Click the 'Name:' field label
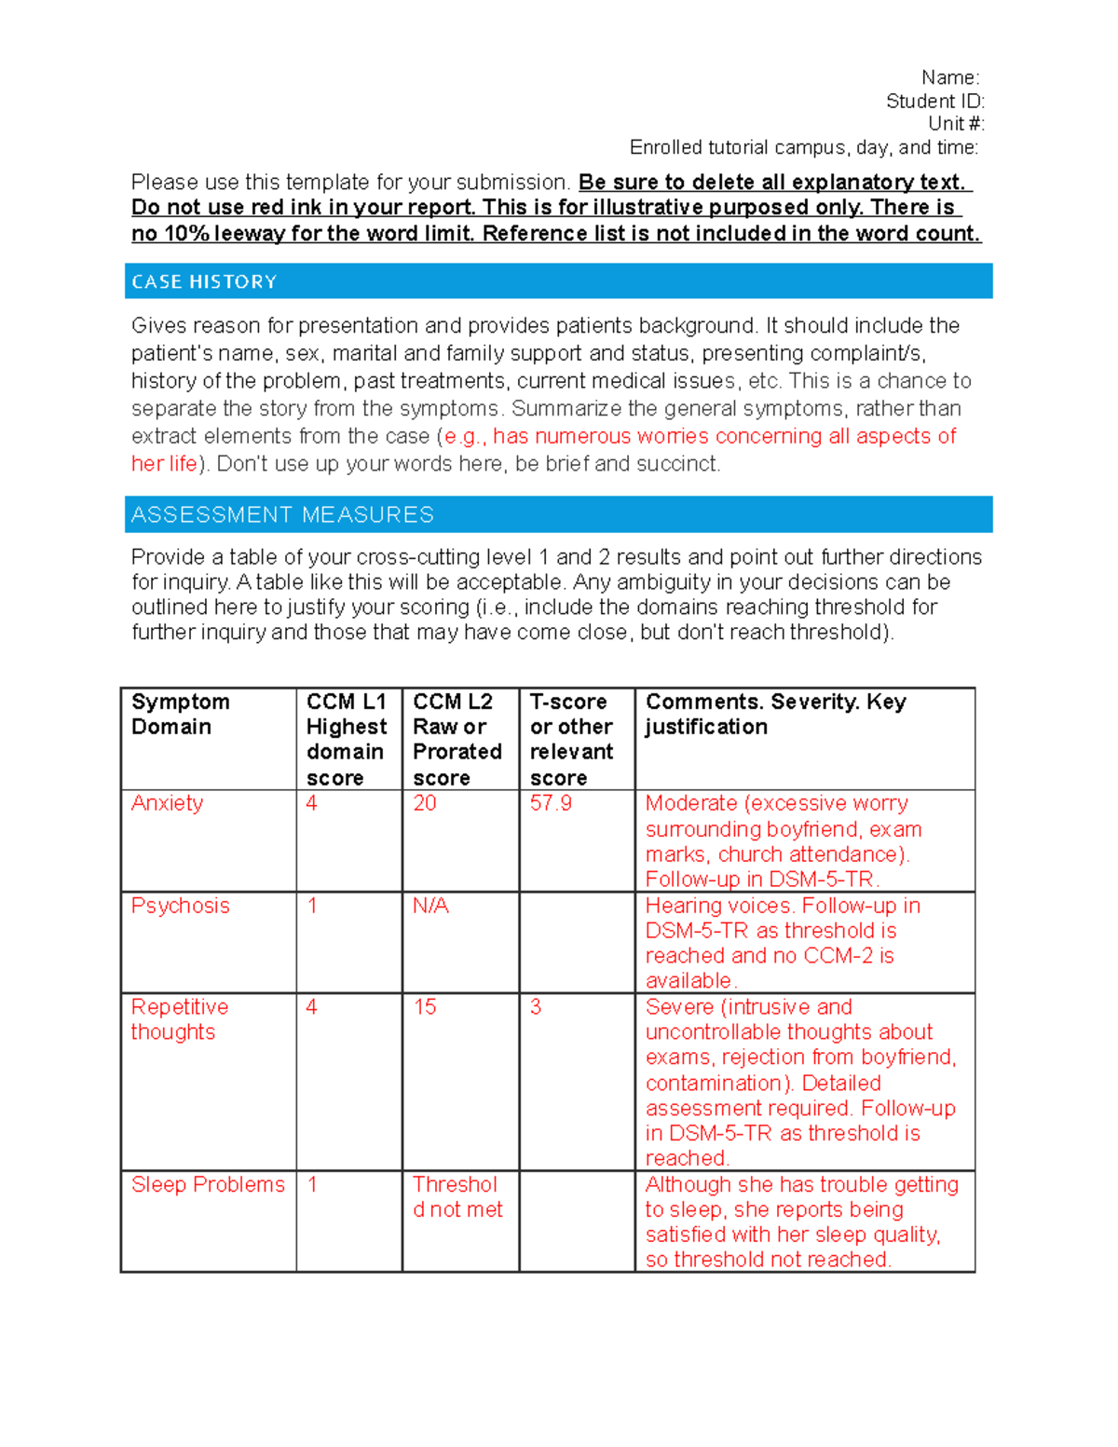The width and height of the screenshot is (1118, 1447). (x=949, y=77)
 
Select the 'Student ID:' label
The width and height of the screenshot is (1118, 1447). (x=934, y=101)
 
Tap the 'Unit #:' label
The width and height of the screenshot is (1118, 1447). (x=955, y=124)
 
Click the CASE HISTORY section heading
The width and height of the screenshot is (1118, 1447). (x=204, y=281)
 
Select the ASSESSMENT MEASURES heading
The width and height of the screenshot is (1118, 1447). (x=282, y=514)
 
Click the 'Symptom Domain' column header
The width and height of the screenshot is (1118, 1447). (x=180, y=714)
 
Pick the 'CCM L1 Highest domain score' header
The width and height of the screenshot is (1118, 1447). (x=347, y=739)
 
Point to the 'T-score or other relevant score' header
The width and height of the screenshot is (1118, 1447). (x=571, y=739)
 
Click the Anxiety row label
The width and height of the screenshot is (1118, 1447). (x=167, y=803)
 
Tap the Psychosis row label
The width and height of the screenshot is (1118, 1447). (x=180, y=906)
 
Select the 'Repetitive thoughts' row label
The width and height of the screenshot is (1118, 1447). (x=179, y=1019)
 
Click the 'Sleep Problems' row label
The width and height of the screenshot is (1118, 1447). (x=208, y=1184)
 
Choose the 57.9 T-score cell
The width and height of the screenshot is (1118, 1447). (x=551, y=803)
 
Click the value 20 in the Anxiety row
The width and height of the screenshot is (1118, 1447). (x=425, y=803)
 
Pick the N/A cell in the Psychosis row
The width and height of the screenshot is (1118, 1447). (x=430, y=906)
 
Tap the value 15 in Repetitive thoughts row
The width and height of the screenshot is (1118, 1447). (x=425, y=1007)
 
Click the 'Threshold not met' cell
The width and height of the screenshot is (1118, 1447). (x=457, y=1196)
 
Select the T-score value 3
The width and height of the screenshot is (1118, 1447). (x=536, y=1007)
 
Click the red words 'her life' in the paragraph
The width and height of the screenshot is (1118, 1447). (x=164, y=464)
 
